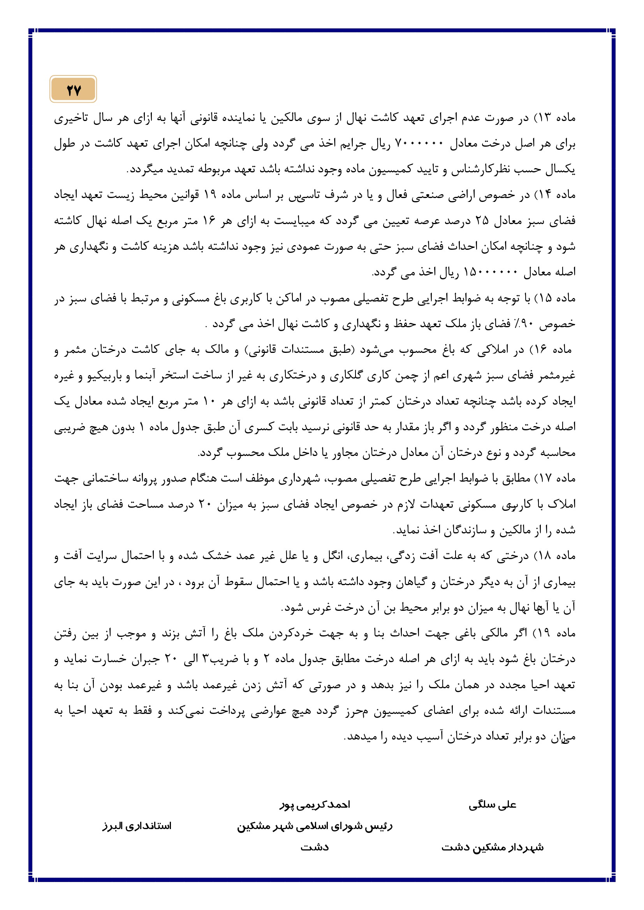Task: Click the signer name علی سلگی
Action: [x=493, y=805]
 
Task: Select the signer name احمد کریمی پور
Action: [x=315, y=805]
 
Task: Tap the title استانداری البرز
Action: [x=137, y=826]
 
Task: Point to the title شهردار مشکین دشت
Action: [x=493, y=848]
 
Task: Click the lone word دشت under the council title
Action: [x=315, y=848]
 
